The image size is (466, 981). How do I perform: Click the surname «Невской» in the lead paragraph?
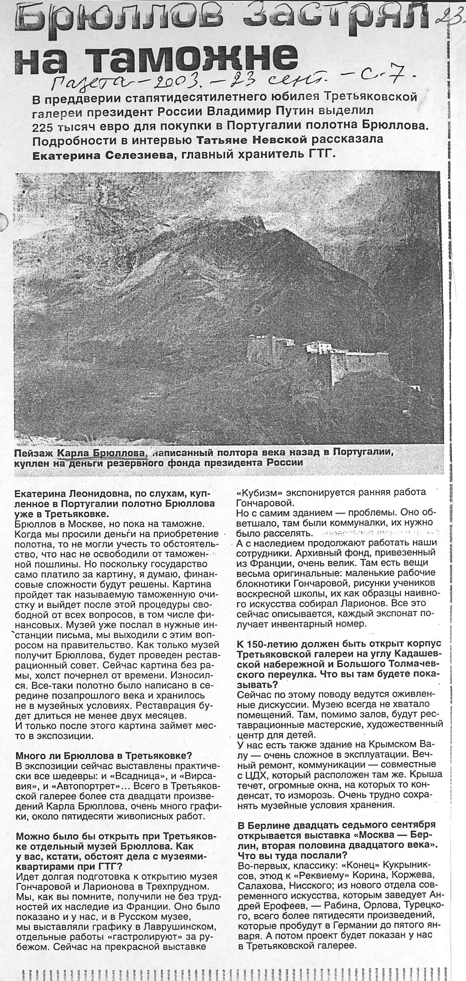pos(280,140)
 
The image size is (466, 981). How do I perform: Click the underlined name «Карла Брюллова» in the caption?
pos(101,453)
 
